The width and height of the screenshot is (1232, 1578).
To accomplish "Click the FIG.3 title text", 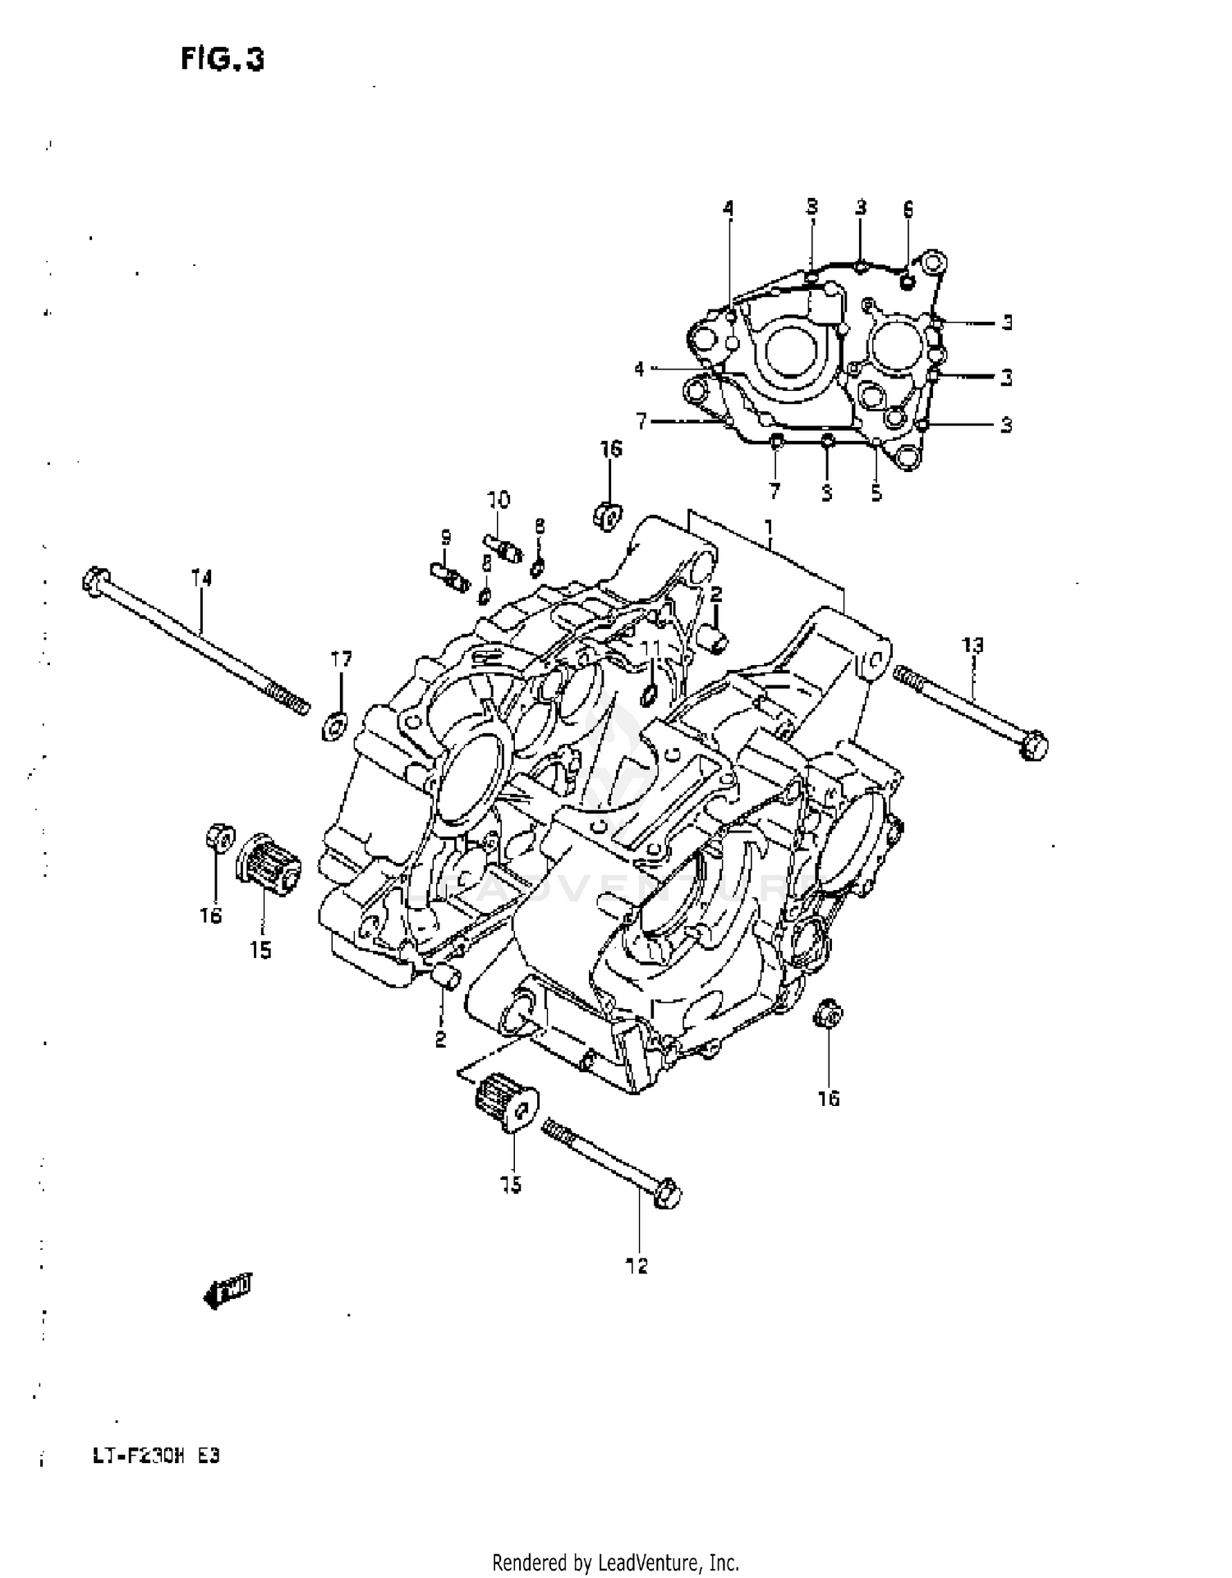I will (x=222, y=59).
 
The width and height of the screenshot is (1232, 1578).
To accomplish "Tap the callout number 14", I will (x=201, y=578).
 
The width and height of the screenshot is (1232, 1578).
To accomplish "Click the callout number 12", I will (x=637, y=1266).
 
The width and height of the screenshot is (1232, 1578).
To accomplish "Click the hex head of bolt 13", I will (x=1033, y=745).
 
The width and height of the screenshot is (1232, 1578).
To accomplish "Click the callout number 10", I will (x=498, y=499).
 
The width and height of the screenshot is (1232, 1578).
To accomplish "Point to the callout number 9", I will (x=445, y=538).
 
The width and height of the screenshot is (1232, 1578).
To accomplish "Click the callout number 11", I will (x=650, y=649).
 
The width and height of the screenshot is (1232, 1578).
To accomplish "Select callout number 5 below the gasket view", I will (x=876, y=493).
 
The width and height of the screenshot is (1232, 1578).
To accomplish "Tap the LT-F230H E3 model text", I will (x=155, y=1457).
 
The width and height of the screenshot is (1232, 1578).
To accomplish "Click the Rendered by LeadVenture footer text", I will (x=615, y=1562).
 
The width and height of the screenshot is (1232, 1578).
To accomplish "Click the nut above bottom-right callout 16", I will (x=828, y=1016).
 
